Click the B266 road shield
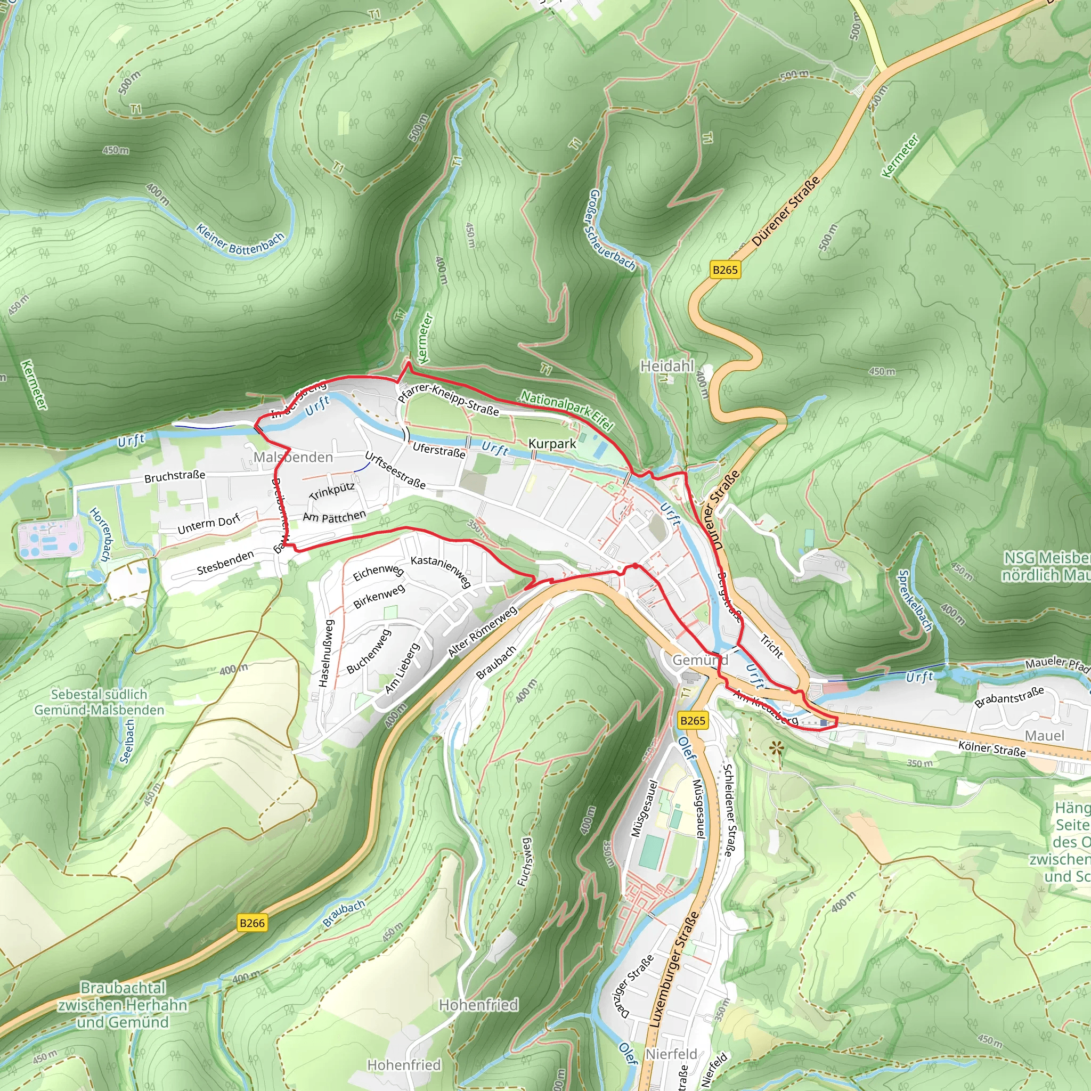tap(252, 923)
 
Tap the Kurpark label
tap(552, 444)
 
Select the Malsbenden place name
tap(293, 457)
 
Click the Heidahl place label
tap(667, 367)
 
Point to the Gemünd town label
tap(700, 660)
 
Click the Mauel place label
tap(1045, 736)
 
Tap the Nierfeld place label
tap(671, 1054)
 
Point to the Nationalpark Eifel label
tap(566, 410)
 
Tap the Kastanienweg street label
tap(441, 571)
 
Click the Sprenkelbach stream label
tap(915, 600)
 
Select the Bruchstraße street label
tap(175, 477)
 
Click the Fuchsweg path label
tap(525, 862)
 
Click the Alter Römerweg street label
tap(483, 632)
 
